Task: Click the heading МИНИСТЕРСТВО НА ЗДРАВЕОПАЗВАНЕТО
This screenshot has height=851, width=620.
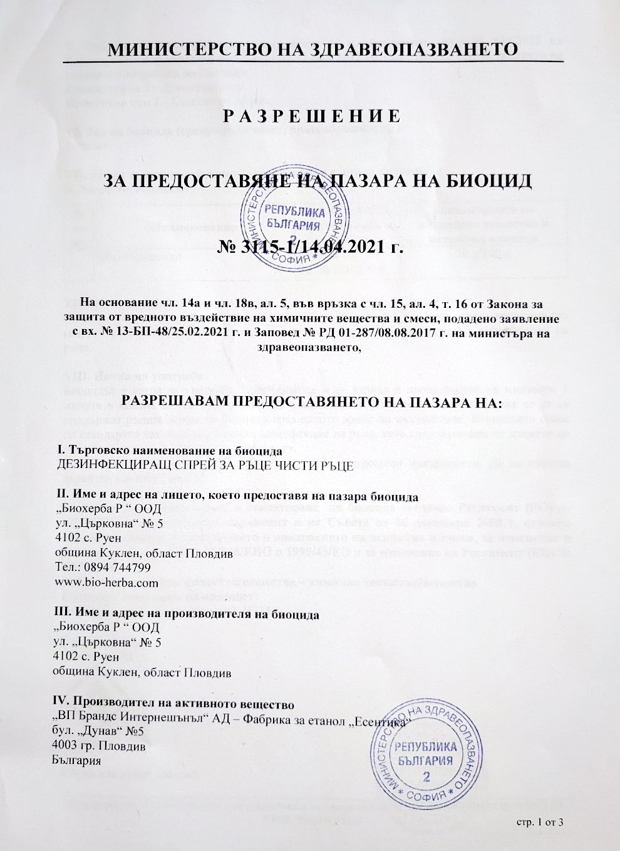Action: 313,49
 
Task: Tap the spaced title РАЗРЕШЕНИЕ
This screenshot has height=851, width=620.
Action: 311,116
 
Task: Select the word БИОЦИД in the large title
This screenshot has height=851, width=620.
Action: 488,181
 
